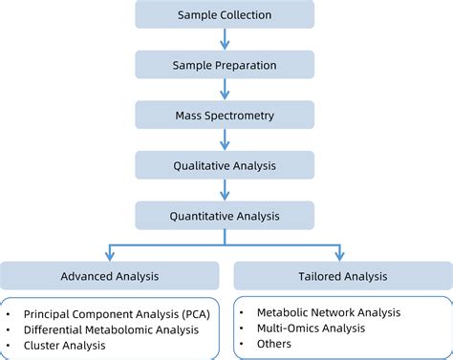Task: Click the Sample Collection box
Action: pyautogui.click(x=225, y=15)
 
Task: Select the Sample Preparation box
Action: pyautogui.click(x=225, y=65)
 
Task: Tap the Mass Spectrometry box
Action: pyautogui.click(x=225, y=115)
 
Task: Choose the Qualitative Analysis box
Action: pyautogui.click(x=225, y=164)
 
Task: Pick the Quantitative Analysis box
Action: pyautogui.click(x=225, y=214)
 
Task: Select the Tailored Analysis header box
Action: pyautogui.click(x=342, y=276)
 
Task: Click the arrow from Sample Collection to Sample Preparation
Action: pyautogui.click(x=225, y=40)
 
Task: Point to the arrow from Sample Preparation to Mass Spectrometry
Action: pyautogui.click(x=225, y=90)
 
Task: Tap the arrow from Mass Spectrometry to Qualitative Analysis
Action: pyautogui.click(x=225, y=139)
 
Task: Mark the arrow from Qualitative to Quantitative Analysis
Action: pyautogui.click(x=225, y=189)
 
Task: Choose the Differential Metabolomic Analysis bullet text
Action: pyautogui.click(x=112, y=329)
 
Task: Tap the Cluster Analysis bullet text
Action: pyautogui.click(x=65, y=346)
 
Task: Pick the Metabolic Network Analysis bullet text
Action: pyautogui.click(x=328, y=311)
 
